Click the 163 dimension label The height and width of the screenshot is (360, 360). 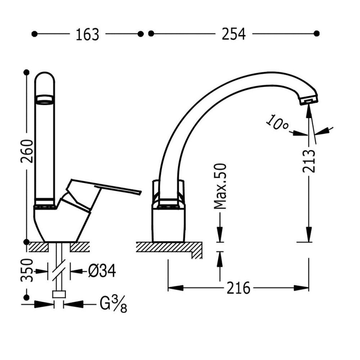coord(87,35)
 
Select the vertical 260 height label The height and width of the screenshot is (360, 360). coord(27,151)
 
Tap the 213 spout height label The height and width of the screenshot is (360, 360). coord(309,161)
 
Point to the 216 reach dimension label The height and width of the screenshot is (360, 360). coord(238,288)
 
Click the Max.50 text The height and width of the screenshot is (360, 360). coord(220,186)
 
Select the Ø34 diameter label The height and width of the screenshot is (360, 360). coord(102,271)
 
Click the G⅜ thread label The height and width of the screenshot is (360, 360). coord(113,304)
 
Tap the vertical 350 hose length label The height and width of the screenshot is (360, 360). coord(27,270)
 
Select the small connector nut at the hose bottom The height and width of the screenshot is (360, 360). coord(59,294)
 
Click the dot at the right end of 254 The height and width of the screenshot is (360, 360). coord(316,33)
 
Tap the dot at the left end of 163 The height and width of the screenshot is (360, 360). coord(35,34)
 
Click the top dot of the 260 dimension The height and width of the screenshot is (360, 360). coord(27,73)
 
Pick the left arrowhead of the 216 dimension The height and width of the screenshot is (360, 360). coord(176,288)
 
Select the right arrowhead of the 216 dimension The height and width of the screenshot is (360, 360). coord(301,288)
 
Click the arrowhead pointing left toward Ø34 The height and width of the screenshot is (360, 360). coord(77,271)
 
